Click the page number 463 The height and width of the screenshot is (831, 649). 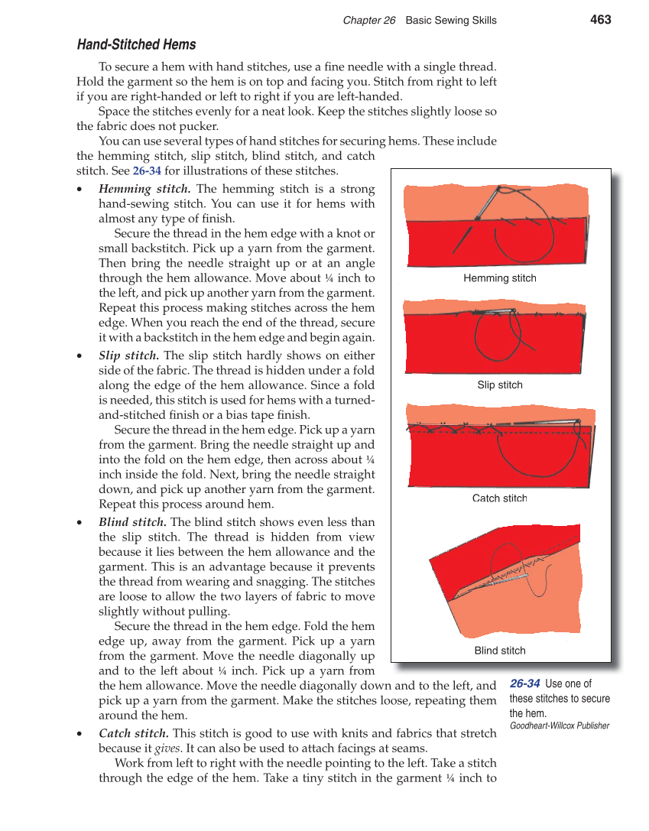(600, 20)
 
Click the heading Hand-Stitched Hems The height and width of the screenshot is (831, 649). (136, 45)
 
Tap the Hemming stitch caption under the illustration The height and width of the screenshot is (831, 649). (500, 278)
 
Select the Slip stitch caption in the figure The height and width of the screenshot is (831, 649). (500, 385)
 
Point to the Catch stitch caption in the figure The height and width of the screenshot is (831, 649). (500, 498)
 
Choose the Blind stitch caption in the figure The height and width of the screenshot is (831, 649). (500, 651)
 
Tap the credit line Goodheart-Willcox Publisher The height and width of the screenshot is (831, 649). (560, 726)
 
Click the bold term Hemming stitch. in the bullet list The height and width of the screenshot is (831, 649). (144, 189)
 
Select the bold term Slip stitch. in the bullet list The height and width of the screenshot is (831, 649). (129, 355)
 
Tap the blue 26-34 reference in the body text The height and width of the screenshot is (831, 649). (147, 171)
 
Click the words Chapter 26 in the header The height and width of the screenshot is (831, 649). (369, 21)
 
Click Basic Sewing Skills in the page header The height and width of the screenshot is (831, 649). (451, 21)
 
